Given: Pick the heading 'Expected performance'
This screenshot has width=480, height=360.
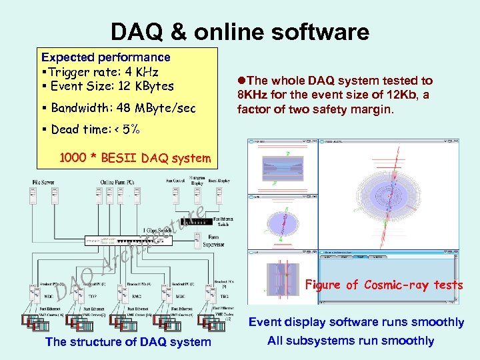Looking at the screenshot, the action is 105,57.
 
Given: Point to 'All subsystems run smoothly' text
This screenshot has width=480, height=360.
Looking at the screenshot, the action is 350,341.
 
